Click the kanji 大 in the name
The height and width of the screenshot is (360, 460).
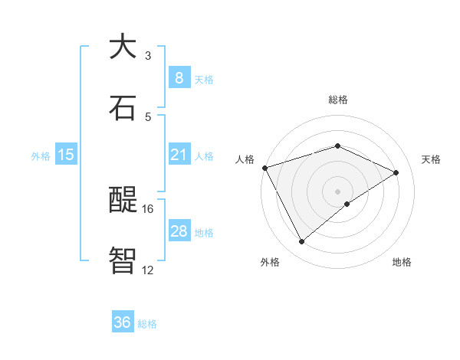click(x=123, y=47)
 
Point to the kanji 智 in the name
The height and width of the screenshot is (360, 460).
click(x=123, y=260)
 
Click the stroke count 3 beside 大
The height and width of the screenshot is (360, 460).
click(x=148, y=56)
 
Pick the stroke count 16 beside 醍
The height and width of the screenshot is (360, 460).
click(x=148, y=208)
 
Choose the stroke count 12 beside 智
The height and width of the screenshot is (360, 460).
click(x=148, y=269)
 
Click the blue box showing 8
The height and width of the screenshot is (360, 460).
click(x=179, y=77)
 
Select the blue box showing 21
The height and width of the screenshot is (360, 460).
click(x=179, y=155)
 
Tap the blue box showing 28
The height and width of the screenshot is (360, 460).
click(x=179, y=231)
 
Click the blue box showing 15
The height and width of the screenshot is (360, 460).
click(x=66, y=155)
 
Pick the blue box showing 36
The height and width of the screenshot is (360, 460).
click(x=122, y=322)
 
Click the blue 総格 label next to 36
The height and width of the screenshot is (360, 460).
click(x=147, y=324)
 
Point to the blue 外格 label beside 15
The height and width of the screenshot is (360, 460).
click(x=41, y=155)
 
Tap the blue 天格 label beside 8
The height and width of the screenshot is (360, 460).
click(x=204, y=79)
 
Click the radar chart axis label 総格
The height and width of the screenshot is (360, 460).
click(x=338, y=100)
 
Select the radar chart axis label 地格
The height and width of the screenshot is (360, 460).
click(x=402, y=262)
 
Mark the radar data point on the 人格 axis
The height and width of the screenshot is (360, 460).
click(x=264, y=168)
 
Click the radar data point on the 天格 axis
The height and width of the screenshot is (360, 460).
click(x=396, y=172)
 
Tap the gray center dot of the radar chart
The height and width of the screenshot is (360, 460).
click(x=338, y=191)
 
